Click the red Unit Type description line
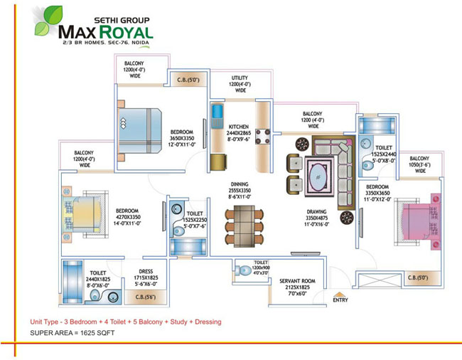point(125,322)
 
